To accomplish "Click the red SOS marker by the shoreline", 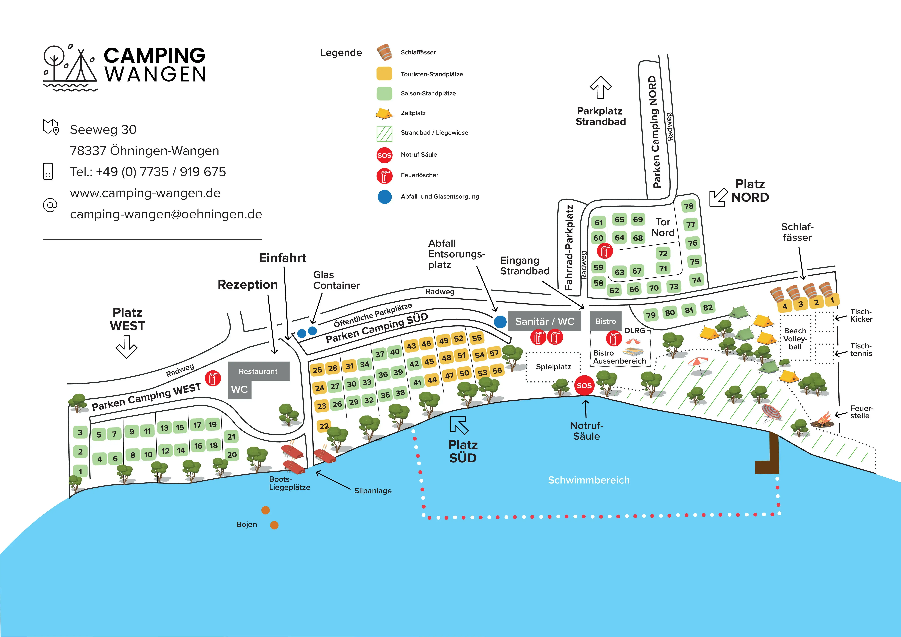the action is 584,386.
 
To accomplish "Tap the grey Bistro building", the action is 605,321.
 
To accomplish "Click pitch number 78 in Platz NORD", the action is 689,206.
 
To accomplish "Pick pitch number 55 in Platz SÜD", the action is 477,338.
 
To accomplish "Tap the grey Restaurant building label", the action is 258,371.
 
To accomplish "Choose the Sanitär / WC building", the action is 544,321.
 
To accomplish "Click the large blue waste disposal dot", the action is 500,322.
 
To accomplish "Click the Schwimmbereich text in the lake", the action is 589,480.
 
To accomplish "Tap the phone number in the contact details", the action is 148,172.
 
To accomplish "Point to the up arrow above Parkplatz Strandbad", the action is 600,88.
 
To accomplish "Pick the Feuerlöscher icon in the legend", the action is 384,176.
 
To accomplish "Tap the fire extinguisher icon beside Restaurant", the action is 213,378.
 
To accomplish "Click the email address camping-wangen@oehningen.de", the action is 166,214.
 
